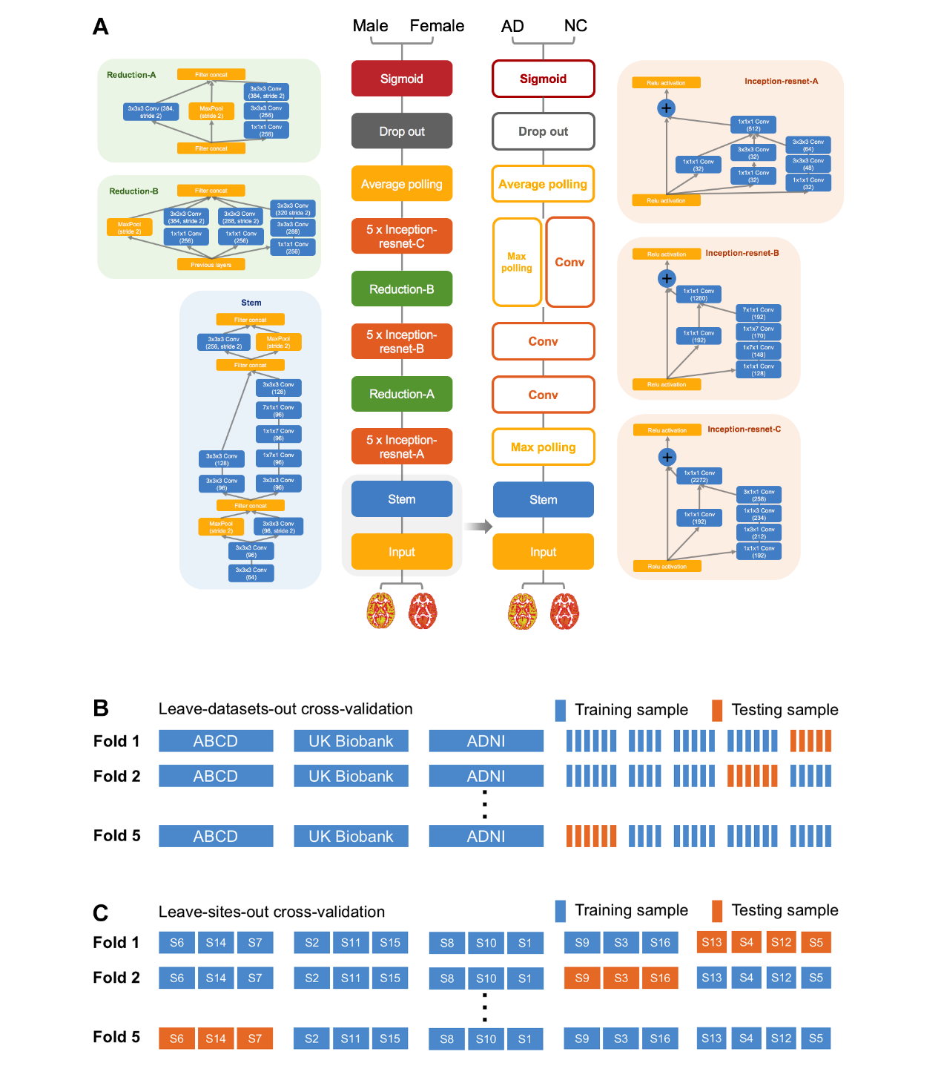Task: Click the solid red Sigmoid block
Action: click(x=401, y=79)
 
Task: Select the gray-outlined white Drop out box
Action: click(x=543, y=131)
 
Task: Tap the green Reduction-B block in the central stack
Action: click(x=401, y=289)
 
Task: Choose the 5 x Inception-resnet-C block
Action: click(x=401, y=237)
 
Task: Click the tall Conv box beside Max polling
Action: click(x=569, y=262)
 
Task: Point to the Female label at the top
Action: click(x=437, y=26)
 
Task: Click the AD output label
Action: click(x=512, y=26)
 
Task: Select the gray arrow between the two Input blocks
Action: click(x=478, y=527)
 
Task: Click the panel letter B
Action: click(x=101, y=708)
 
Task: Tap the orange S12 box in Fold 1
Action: click(x=781, y=942)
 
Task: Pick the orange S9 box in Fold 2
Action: click(x=582, y=978)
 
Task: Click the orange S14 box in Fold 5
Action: click(x=216, y=1039)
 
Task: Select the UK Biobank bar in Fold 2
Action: click(x=351, y=776)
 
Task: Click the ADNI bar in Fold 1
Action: click(x=486, y=741)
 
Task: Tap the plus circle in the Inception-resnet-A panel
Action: click(x=666, y=108)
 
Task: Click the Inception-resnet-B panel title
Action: click(x=742, y=253)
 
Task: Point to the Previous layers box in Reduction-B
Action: click(x=211, y=265)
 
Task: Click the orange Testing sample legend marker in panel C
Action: click(x=716, y=910)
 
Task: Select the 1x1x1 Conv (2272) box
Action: click(x=699, y=476)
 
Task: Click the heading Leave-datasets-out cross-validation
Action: click(x=285, y=708)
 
